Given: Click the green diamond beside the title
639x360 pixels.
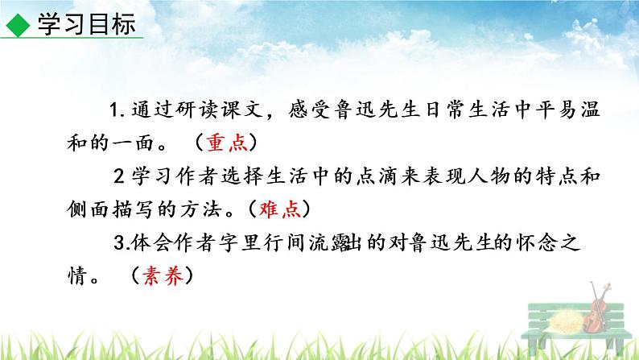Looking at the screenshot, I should click(17, 25).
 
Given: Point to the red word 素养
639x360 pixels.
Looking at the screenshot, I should click(165, 275).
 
